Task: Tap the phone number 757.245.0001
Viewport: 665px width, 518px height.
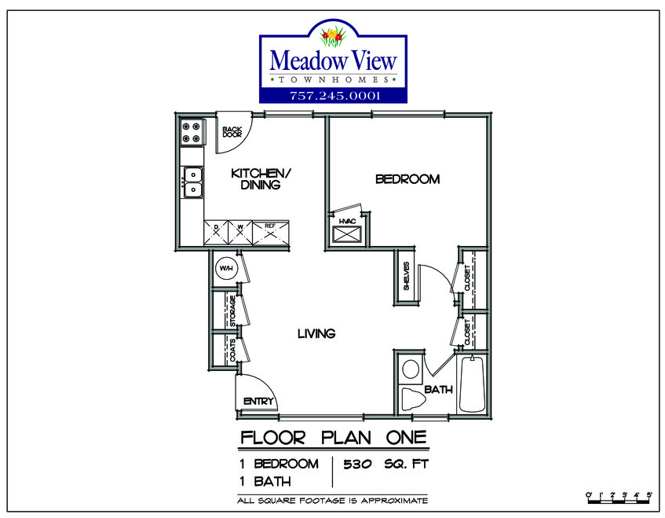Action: click(x=334, y=96)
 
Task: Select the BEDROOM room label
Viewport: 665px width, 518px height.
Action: click(x=407, y=179)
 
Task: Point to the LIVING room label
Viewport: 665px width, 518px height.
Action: click(x=316, y=333)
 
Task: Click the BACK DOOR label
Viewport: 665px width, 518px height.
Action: click(x=232, y=131)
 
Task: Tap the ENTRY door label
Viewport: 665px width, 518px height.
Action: click(x=258, y=402)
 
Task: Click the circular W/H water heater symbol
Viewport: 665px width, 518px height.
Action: click(x=225, y=269)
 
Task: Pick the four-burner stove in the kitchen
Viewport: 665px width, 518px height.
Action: click(x=191, y=131)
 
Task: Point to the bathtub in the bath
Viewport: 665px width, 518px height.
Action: click(x=473, y=384)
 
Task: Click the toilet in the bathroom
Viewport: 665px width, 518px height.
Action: click(x=411, y=399)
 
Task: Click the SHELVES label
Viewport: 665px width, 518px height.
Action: click(x=406, y=276)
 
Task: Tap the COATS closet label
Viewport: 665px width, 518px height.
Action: click(x=233, y=350)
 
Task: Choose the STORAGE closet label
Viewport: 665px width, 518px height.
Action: click(x=233, y=311)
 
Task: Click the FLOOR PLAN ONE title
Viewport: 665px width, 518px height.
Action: click(x=333, y=437)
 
